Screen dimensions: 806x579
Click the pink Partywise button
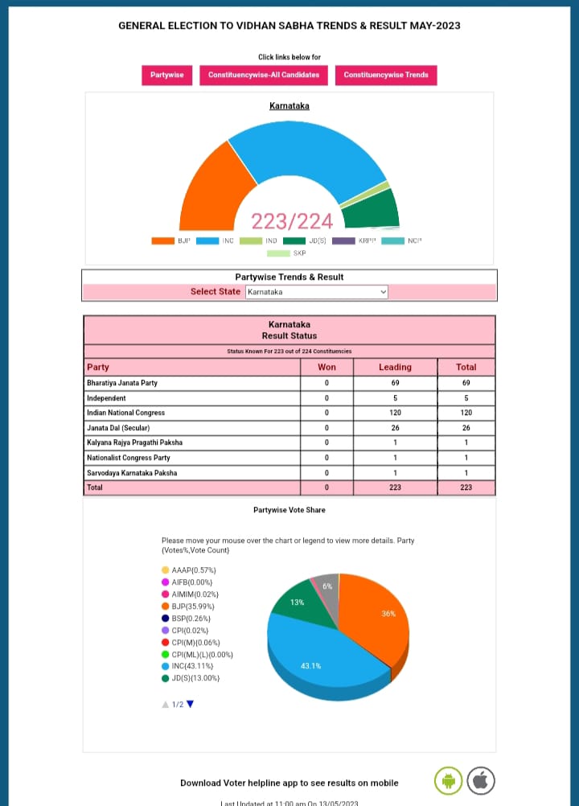click(166, 75)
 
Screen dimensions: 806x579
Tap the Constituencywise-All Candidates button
click(264, 75)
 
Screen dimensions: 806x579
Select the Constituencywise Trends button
click(386, 75)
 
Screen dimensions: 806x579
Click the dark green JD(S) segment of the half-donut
click(371, 208)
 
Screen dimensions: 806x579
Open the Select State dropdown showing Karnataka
click(316, 292)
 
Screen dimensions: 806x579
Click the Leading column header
click(395, 367)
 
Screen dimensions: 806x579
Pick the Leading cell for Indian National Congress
click(395, 413)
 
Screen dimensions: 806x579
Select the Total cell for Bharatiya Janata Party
click(466, 383)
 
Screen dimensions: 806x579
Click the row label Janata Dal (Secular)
click(118, 428)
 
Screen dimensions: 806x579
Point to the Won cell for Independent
click(326, 398)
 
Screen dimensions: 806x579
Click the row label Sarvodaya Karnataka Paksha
click(132, 473)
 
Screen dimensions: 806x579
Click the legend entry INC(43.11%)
click(193, 666)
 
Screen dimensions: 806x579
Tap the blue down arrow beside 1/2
click(191, 705)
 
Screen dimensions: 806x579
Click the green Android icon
click(448, 780)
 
